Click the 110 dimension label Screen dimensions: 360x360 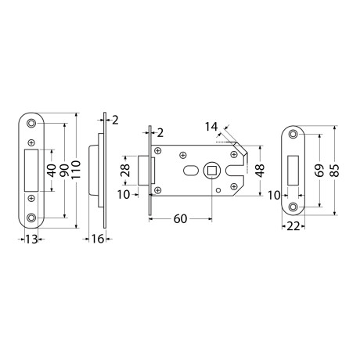(x=76, y=170)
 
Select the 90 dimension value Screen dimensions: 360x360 (x=64, y=170)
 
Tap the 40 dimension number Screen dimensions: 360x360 (x=52, y=171)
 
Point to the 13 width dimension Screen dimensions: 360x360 (x=31, y=239)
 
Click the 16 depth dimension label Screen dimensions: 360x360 (x=98, y=239)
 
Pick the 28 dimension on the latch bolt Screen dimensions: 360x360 (x=125, y=171)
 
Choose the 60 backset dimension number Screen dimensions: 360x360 (x=180, y=219)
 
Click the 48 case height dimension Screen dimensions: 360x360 (x=260, y=171)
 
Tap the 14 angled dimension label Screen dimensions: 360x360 (x=211, y=127)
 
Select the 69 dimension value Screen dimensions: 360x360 (x=320, y=171)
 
